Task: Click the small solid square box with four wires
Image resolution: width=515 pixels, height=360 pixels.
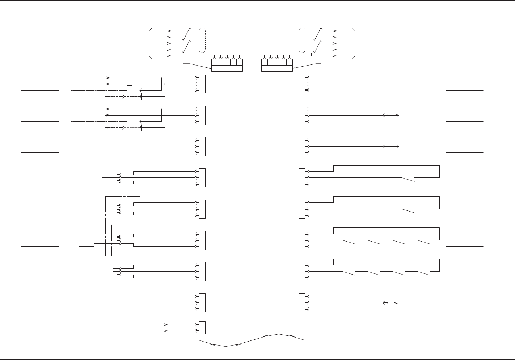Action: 86,239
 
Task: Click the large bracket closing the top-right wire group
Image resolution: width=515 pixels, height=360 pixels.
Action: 355,43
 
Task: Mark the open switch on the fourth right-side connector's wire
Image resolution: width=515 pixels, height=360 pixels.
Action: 408,179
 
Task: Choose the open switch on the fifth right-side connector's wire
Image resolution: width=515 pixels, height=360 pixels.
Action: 408,210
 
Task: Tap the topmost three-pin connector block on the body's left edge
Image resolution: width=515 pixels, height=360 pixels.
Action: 202,84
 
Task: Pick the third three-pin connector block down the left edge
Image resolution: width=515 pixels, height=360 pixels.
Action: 202,146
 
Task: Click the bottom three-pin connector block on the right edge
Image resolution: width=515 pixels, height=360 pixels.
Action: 302,302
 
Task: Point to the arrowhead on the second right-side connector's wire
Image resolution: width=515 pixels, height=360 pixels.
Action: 396,116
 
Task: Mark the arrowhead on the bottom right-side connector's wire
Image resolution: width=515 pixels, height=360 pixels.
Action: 396,303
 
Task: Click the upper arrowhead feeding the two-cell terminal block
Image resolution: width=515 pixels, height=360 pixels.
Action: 165,325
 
